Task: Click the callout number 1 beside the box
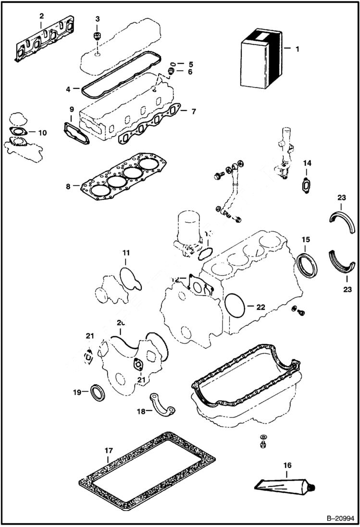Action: [x=297, y=49]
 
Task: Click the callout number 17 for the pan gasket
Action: [x=108, y=451]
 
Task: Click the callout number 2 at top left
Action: [x=41, y=16]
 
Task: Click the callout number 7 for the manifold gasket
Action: [x=193, y=111]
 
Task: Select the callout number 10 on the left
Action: [x=42, y=132]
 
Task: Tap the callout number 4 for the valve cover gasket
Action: [x=69, y=89]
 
